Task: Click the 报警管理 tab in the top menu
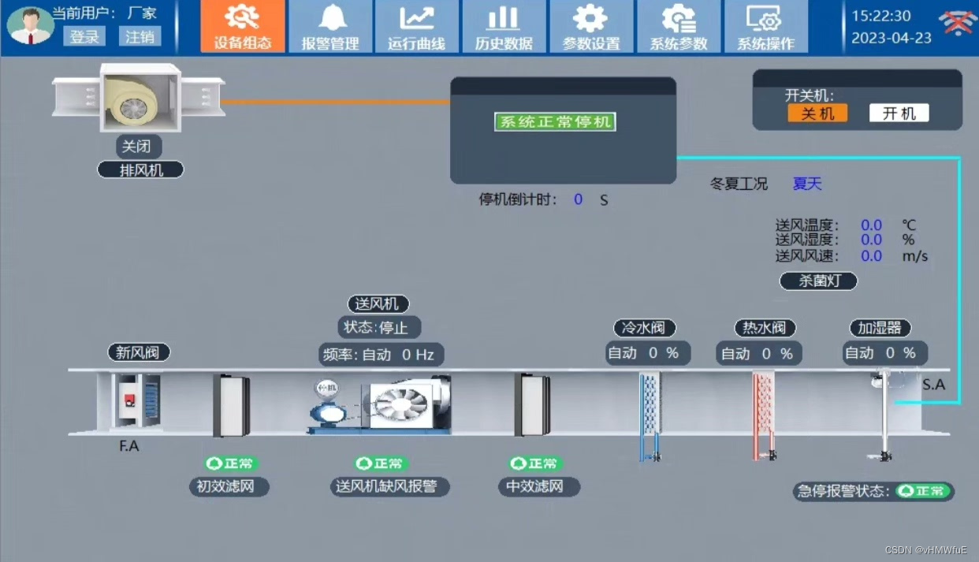pos(330,27)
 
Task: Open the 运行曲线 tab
pos(417,27)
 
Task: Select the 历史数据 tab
pos(504,27)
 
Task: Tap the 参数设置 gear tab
pos(591,27)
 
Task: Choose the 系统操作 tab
pos(765,27)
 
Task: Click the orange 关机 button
pos(817,114)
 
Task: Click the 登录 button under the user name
pos(85,37)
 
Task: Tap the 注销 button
pos(140,37)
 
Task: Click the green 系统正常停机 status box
pos(555,122)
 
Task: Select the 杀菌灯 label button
pos(818,281)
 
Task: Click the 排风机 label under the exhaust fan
pos(141,169)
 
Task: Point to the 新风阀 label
pos(140,352)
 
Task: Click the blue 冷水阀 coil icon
pos(650,414)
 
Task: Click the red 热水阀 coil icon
pos(763,414)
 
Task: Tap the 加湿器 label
pos(880,328)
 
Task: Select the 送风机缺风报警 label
pos(386,486)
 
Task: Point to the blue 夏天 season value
pos(807,184)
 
